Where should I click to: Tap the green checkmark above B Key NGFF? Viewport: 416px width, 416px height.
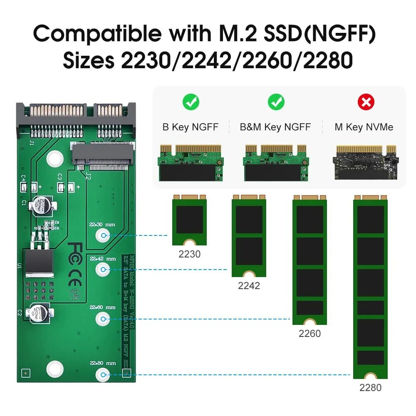click(191, 102)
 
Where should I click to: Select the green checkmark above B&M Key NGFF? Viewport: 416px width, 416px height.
click(275, 102)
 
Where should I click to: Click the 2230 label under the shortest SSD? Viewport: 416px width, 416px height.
click(189, 254)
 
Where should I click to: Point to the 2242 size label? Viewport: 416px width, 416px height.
click(249, 286)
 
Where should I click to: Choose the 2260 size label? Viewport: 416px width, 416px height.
click(310, 333)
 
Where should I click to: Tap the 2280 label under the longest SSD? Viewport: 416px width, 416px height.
click(370, 388)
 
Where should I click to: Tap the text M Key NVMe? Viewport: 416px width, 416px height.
click(364, 127)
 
